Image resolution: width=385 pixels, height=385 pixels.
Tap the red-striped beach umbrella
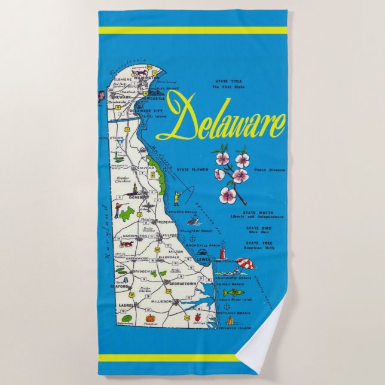point(245,263)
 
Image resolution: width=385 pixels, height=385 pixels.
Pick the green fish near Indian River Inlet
point(233,292)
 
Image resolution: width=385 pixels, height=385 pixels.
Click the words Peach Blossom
point(270,170)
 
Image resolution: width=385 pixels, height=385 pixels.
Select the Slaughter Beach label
point(198,231)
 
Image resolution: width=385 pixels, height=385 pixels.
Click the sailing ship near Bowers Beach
point(190,221)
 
